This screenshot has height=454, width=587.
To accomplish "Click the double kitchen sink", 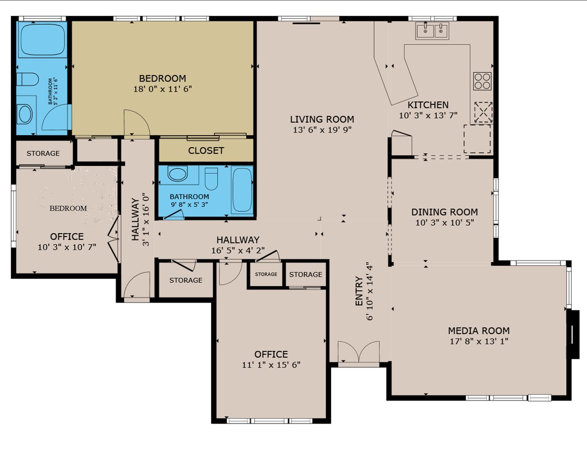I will [432, 31].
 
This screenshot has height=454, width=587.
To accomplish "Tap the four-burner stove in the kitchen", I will [482, 81].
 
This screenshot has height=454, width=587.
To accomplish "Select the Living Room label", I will [322, 119].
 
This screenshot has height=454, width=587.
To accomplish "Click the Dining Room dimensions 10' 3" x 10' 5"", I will [444, 223].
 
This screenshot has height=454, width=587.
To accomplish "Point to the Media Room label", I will [478, 330].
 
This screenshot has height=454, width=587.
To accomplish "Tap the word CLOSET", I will [206, 151].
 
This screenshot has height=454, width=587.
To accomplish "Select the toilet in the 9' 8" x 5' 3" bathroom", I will [211, 178].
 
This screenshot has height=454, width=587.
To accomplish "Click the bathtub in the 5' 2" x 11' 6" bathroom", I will [42, 39].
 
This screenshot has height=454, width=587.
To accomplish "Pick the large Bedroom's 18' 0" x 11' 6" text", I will [163, 89].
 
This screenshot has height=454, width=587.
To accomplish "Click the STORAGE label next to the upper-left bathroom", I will [43, 153].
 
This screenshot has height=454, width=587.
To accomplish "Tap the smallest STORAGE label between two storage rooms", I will [266, 274].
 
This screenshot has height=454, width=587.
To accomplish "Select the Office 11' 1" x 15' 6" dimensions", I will [271, 365].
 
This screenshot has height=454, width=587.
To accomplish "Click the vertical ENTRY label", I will [359, 291].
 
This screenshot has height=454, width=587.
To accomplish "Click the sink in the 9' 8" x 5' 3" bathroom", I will [178, 174].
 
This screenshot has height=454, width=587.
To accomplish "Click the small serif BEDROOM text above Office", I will [68, 208].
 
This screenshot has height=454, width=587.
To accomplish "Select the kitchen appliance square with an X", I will [483, 112].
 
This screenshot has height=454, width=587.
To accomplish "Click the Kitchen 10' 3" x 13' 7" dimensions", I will [428, 115].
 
